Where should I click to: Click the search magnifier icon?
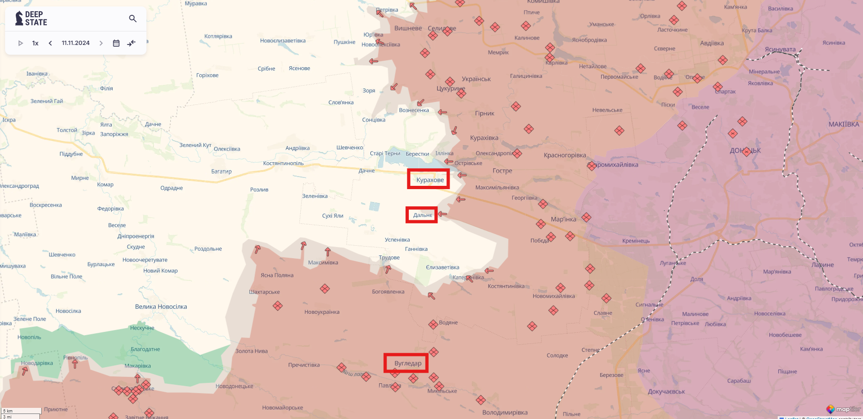click(133, 19)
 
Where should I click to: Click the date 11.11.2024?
click(76, 43)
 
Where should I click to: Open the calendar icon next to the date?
click(116, 43)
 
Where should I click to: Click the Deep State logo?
click(32, 19)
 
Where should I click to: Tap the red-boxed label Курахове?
click(430, 180)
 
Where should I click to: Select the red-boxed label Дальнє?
click(422, 215)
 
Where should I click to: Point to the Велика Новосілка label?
click(161, 307)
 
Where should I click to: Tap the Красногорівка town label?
click(565, 155)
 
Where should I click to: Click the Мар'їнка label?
click(563, 219)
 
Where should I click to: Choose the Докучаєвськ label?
click(666, 392)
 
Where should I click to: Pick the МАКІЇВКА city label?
click(844, 124)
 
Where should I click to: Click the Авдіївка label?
click(711, 44)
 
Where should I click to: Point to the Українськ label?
click(476, 79)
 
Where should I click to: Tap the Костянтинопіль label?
click(283, 163)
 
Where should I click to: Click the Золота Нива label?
click(251, 351)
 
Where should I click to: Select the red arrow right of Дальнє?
click(443, 214)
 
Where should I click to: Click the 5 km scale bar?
click(21, 411)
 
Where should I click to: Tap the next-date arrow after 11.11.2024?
click(101, 43)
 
